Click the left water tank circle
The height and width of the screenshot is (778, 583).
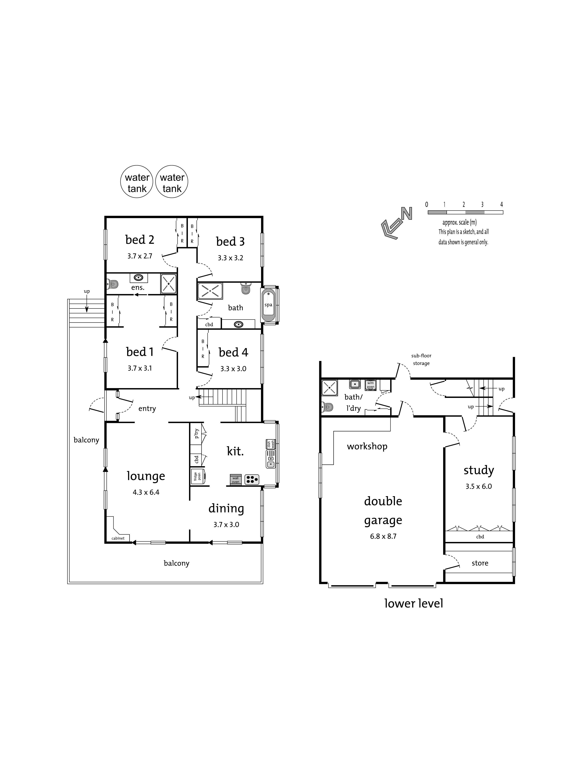point(137,181)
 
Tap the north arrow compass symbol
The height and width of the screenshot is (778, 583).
point(397,223)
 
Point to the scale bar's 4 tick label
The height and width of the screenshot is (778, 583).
point(501,204)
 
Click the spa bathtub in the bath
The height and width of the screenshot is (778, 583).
point(268,305)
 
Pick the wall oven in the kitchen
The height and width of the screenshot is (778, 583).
point(235,479)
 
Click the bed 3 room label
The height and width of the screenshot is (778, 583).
point(230,242)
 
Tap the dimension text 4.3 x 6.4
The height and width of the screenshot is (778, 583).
point(146,492)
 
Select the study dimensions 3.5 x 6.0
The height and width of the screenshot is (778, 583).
point(479,487)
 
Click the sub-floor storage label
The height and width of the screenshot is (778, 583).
point(421,359)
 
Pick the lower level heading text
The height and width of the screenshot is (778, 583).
point(414,604)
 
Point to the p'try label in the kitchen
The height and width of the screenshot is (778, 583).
point(196,433)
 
